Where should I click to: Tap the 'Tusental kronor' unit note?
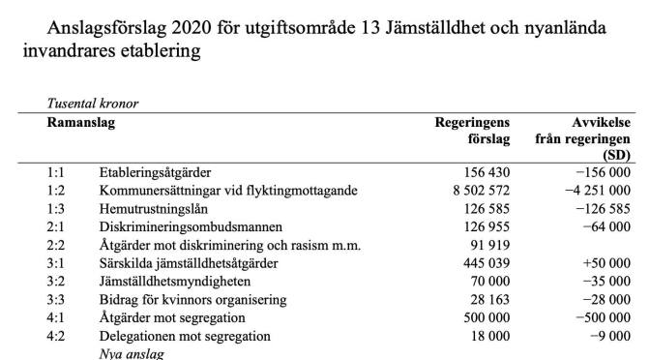click(x=92, y=103)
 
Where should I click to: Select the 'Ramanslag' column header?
click(x=82, y=123)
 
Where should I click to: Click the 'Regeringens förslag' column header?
click(x=473, y=131)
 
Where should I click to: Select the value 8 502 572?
click(x=473, y=190)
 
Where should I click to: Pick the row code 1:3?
click(x=56, y=208)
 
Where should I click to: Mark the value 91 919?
click(x=488, y=245)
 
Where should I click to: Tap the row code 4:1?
click(x=56, y=318)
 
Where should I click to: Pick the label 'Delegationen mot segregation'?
click(x=185, y=337)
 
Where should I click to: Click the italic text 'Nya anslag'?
click(x=127, y=354)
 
